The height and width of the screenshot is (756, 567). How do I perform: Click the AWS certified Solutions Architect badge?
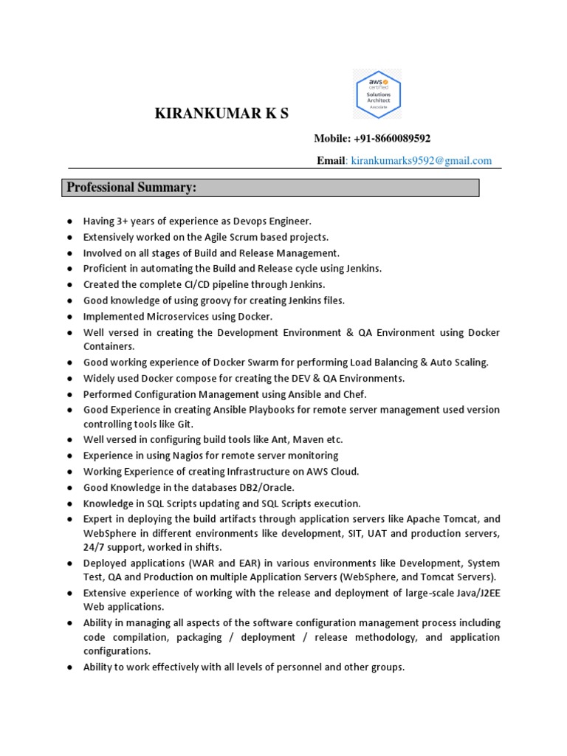click(x=377, y=94)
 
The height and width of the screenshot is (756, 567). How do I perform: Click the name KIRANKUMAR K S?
click(x=221, y=113)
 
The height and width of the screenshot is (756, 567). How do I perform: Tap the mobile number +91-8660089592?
click(x=391, y=138)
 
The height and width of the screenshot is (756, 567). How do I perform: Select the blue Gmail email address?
click(x=421, y=160)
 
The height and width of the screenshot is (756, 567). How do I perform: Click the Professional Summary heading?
click(x=131, y=188)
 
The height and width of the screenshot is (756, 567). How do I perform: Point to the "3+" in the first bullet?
click(x=121, y=221)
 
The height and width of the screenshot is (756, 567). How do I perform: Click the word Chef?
click(x=354, y=394)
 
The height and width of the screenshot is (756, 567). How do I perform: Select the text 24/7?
click(x=94, y=547)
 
